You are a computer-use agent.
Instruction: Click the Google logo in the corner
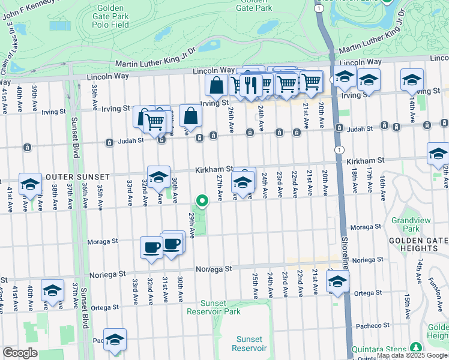[20, 353]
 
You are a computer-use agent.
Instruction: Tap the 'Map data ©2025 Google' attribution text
[412, 356]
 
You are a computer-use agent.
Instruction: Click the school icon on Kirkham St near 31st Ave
[158, 178]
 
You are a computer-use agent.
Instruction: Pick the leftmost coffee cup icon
[151, 247]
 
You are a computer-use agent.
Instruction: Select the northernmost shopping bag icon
[216, 85]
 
